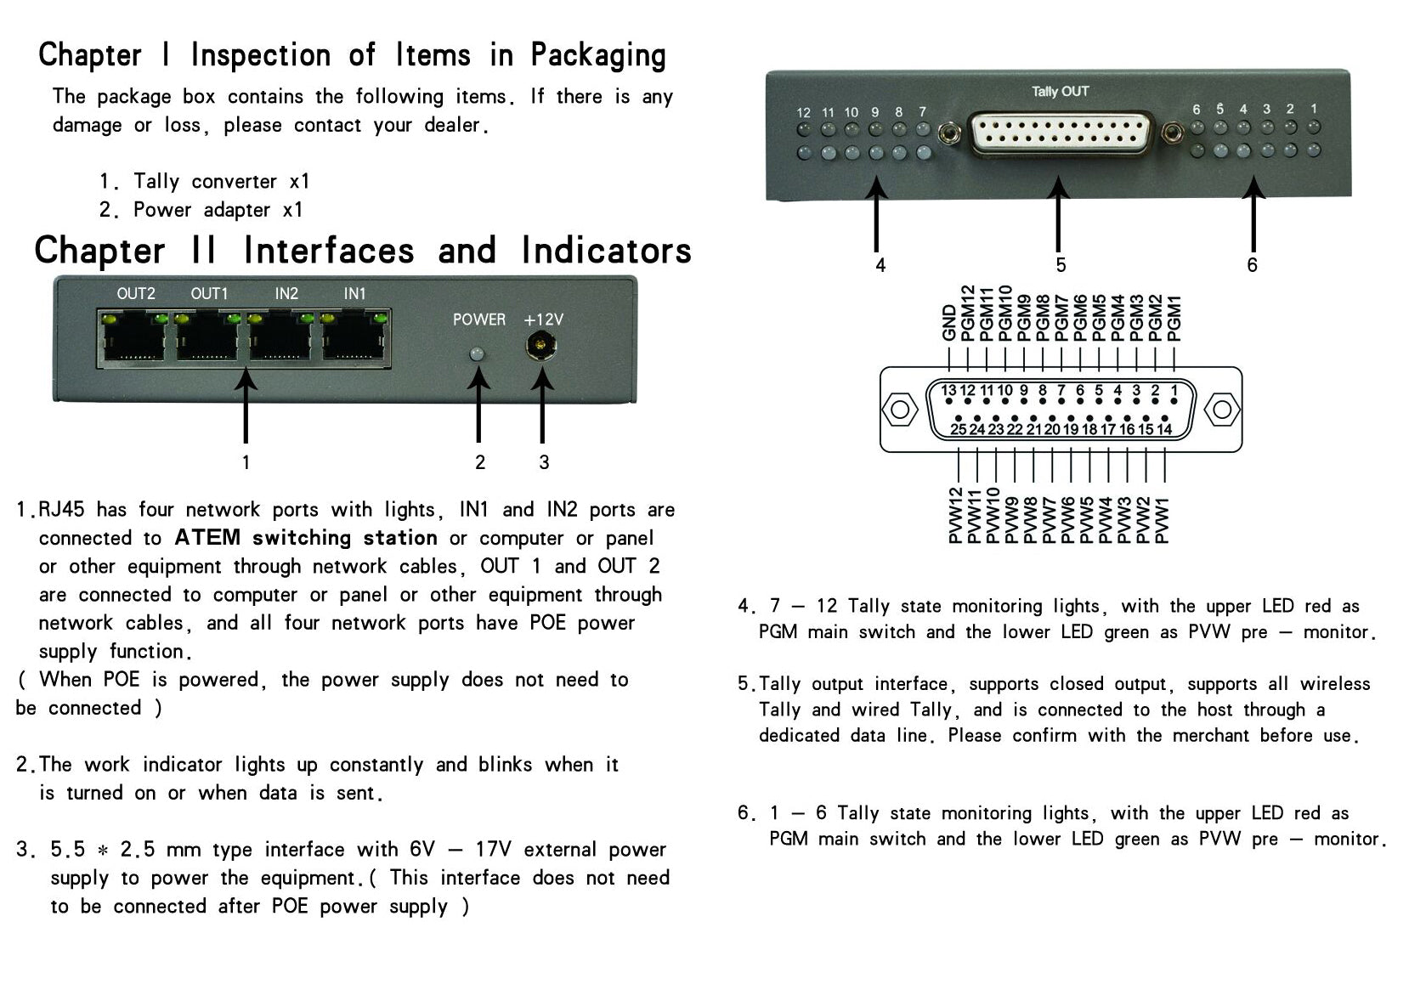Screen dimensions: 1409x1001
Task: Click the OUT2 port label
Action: (x=136, y=294)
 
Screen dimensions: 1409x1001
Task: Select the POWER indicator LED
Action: (x=478, y=354)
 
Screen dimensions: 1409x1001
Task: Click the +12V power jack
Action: (x=541, y=346)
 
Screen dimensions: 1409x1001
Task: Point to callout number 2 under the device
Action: (x=480, y=463)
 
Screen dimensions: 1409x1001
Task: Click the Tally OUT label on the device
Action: (x=1060, y=92)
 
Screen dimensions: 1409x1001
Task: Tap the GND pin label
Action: (x=949, y=323)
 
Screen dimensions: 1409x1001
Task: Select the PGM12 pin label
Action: (x=967, y=313)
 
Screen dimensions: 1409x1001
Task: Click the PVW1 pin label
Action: (x=1163, y=520)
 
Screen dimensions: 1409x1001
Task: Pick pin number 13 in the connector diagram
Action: (x=948, y=391)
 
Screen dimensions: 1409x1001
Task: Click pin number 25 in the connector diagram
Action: (x=958, y=429)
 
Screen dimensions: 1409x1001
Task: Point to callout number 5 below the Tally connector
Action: (x=1061, y=265)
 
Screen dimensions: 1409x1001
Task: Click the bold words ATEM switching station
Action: (x=306, y=538)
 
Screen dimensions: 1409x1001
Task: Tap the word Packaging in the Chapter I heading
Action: (x=598, y=56)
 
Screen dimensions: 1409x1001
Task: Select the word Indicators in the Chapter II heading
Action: (x=607, y=250)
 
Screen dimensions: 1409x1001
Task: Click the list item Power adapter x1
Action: (x=218, y=209)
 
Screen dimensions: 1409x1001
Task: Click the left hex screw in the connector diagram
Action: (x=899, y=410)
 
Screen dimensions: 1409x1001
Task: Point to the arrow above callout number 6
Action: (x=1253, y=214)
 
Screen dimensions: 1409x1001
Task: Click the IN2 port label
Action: (x=286, y=294)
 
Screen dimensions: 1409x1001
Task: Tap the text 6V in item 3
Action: (x=422, y=850)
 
